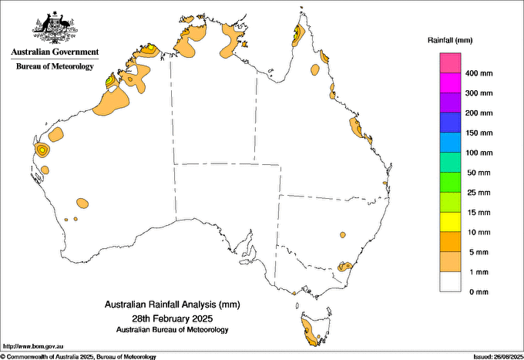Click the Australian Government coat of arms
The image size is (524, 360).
(x=55, y=26)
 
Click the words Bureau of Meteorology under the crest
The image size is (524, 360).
(x=55, y=66)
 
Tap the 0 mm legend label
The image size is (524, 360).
(x=478, y=292)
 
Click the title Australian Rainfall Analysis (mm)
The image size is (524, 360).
(x=172, y=306)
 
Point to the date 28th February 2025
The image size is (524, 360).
(x=172, y=318)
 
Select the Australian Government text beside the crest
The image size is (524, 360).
(x=55, y=52)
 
